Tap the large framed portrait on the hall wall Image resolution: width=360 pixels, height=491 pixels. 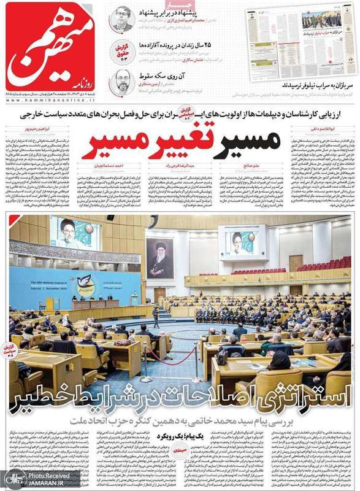pos(159,258)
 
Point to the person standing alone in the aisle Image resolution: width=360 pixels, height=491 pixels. pos(156,317)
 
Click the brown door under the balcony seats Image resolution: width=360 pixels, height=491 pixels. pos(296,263)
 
